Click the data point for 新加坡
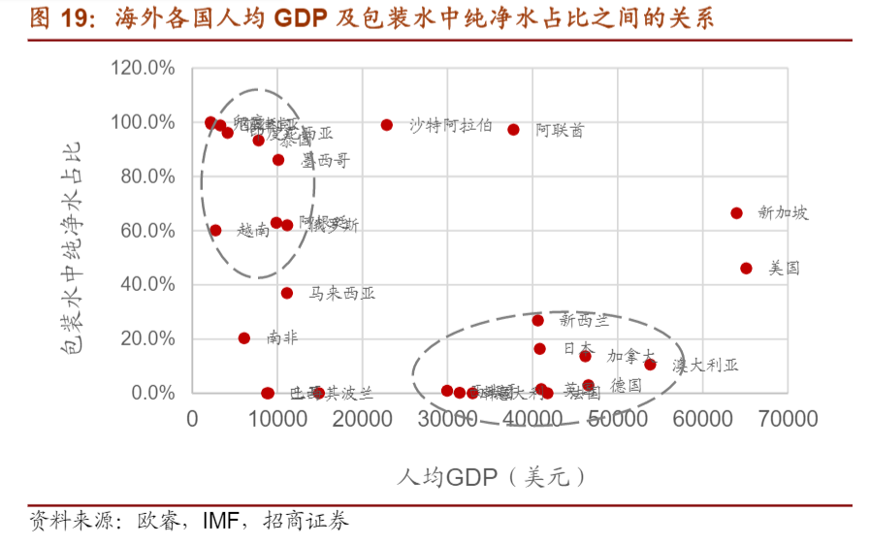tap(736, 213)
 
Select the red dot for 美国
tap(746, 268)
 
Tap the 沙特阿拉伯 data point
tap(387, 125)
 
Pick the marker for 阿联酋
tap(513, 129)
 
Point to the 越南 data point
tap(215, 231)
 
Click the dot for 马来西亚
tap(287, 293)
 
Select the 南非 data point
tap(244, 338)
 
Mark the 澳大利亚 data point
tap(650, 365)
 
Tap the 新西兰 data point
tap(537, 320)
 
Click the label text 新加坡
tap(783, 213)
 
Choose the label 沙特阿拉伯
tap(450, 125)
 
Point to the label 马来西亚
tap(341, 293)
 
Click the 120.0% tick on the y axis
tap(143, 69)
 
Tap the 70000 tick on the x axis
tap(786, 419)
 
